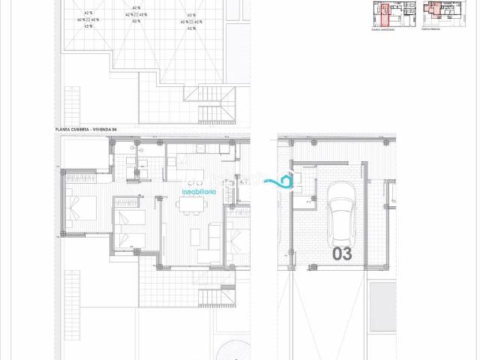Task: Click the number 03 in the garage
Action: coord(342,254)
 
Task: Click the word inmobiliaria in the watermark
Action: coord(199,192)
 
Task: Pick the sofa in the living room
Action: coord(214,237)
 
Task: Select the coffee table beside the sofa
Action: coord(195,237)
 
